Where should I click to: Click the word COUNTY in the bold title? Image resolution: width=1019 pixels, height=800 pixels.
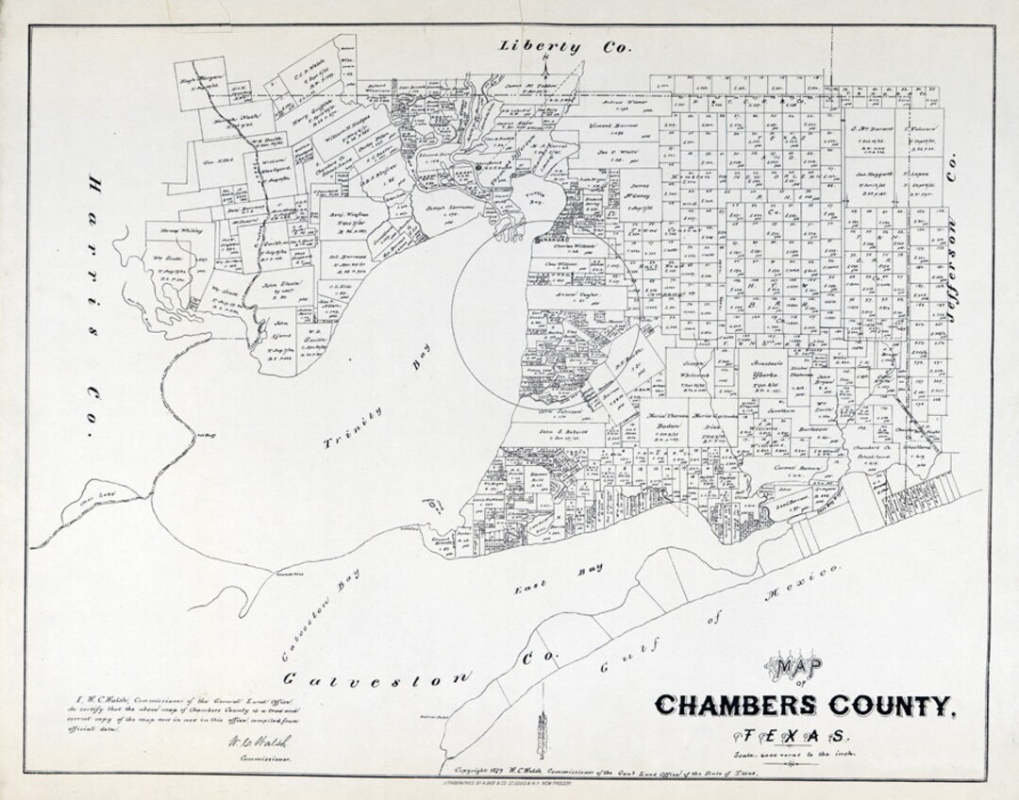click(890, 706)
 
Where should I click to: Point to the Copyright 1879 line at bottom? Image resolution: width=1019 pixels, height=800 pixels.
click(604, 771)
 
